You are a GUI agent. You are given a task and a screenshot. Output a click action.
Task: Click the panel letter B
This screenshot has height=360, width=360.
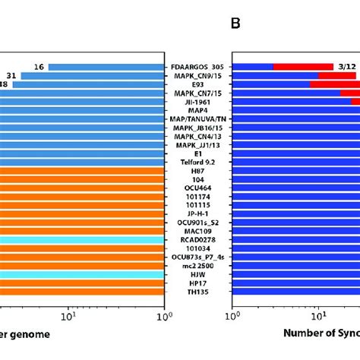pyautogui.click(x=235, y=24)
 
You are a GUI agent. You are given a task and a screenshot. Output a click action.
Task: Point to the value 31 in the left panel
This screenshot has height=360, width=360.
pyautogui.click(x=11, y=75)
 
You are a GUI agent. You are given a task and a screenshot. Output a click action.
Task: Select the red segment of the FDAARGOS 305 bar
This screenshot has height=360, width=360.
pyautogui.click(x=303, y=67)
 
